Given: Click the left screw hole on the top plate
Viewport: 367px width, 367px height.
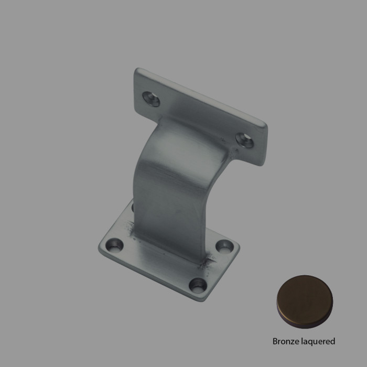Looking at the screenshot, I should pyautogui.click(x=152, y=99).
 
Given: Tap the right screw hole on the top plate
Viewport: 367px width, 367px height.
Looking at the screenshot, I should pyautogui.click(x=244, y=140).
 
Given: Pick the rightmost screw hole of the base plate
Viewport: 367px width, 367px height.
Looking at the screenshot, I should pyautogui.click(x=225, y=245).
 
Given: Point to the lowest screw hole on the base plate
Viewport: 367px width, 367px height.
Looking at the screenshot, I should pyautogui.click(x=198, y=285).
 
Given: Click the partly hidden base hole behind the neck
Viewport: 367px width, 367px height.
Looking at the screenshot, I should pyautogui.click(x=133, y=207).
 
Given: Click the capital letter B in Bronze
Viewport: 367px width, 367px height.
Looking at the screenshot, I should pyautogui.click(x=275, y=341).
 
